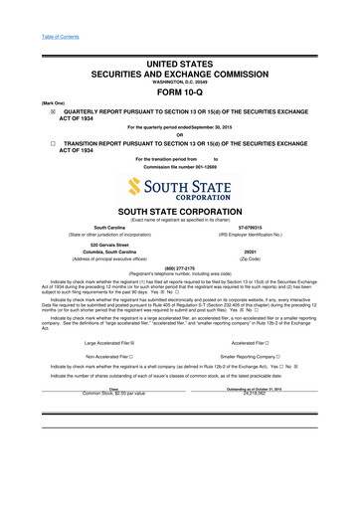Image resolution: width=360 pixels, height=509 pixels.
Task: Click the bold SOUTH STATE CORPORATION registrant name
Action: point(179,213)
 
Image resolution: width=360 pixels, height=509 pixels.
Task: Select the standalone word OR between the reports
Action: point(179,136)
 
